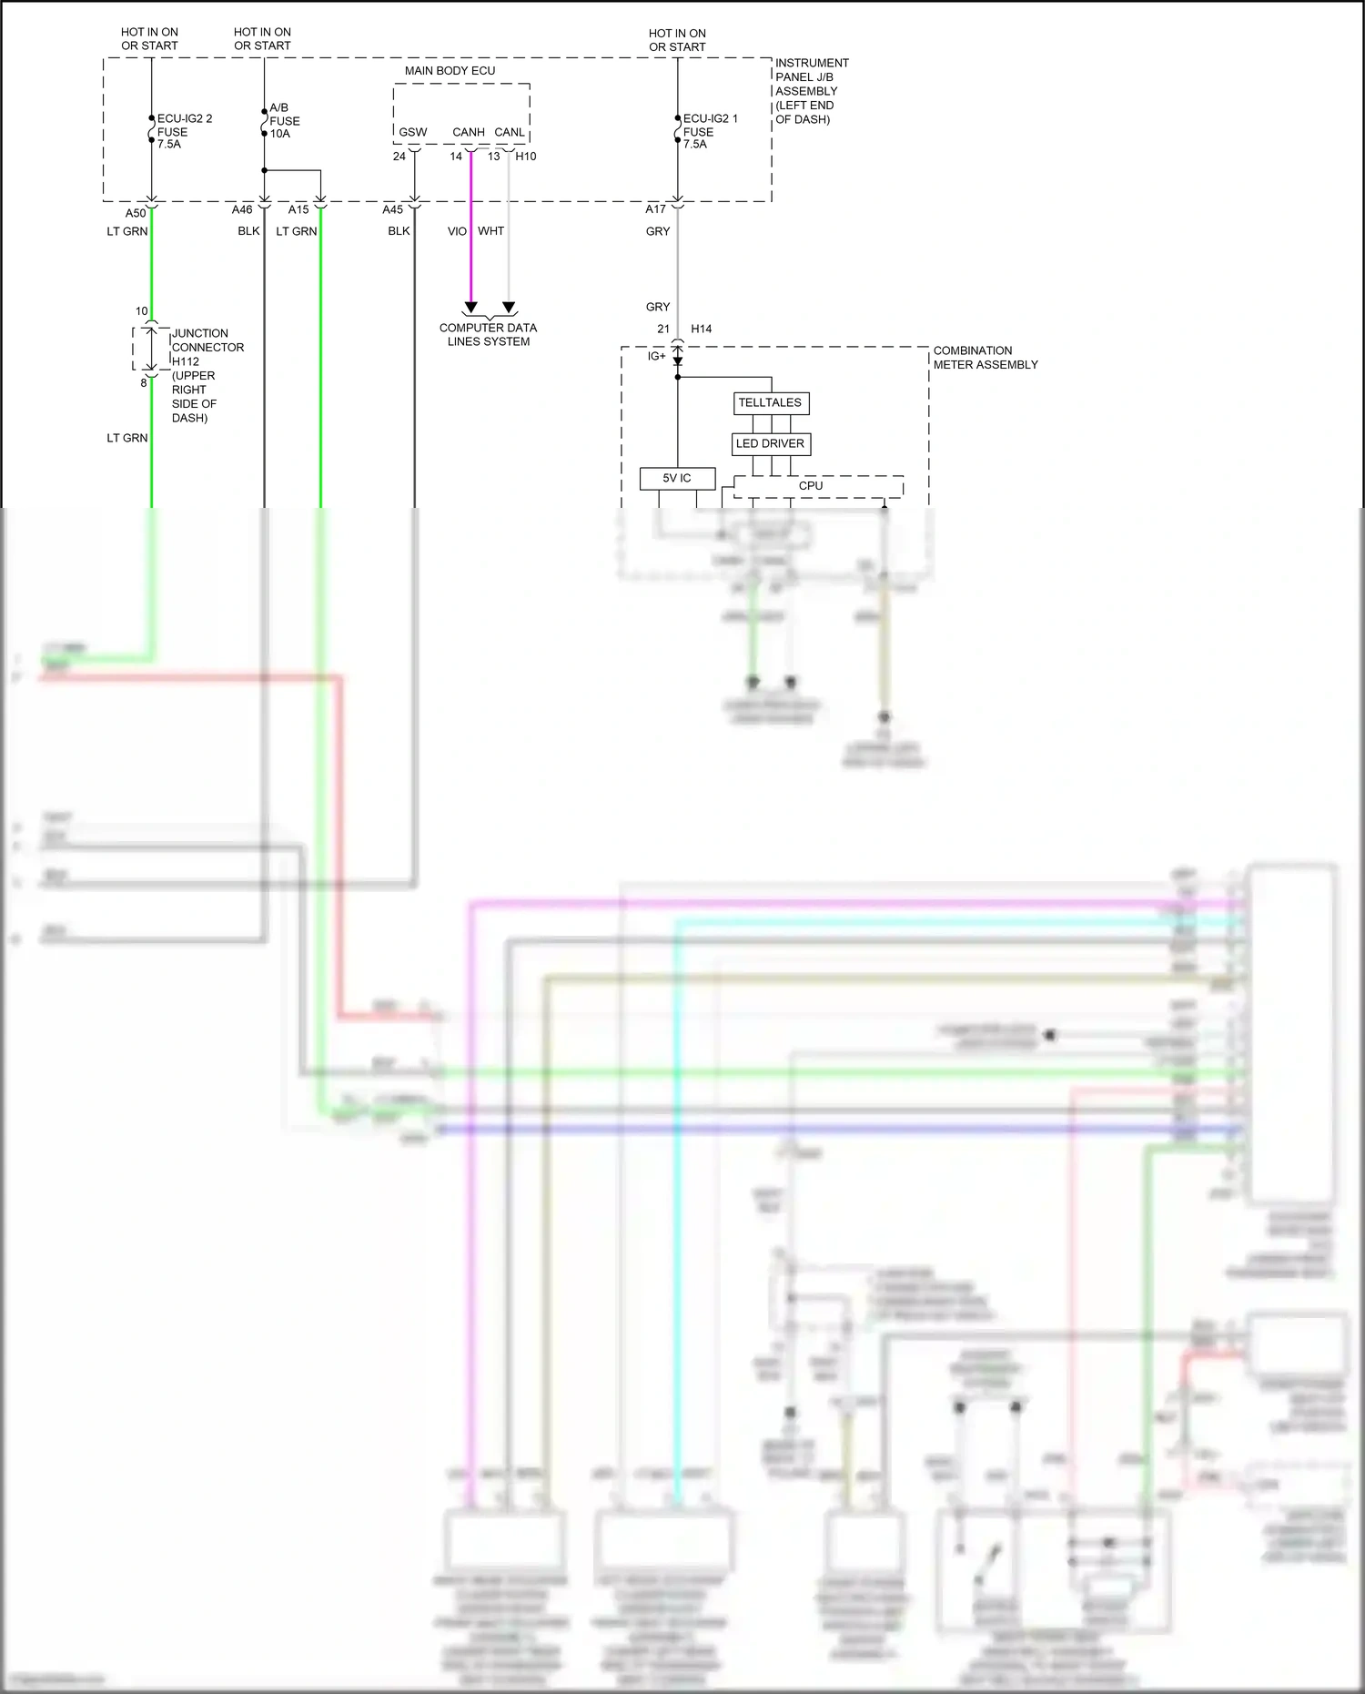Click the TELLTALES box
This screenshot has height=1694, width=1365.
(x=771, y=402)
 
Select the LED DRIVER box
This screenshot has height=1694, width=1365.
(x=771, y=443)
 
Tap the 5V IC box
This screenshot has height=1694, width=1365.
(x=677, y=478)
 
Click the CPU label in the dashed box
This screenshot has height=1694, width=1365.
(x=811, y=486)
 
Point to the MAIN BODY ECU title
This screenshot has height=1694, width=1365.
(x=450, y=71)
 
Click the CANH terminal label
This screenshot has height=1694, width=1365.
(x=469, y=132)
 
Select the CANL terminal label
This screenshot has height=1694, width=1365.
(x=510, y=132)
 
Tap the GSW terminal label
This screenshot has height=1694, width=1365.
(x=413, y=132)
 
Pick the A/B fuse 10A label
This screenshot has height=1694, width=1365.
(x=284, y=120)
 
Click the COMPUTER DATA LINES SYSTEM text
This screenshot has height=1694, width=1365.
(x=489, y=334)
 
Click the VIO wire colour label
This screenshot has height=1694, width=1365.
(x=457, y=231)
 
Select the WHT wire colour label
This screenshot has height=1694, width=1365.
(x=490, y=231)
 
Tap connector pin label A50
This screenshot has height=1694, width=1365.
(x=136, y=214)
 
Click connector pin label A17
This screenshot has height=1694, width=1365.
(x=656, y=209)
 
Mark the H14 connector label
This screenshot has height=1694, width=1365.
(x=702, y=329)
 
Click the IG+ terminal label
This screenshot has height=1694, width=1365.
(x=657, y=356)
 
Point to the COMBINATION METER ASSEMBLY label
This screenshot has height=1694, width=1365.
(x=985, y=358)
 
